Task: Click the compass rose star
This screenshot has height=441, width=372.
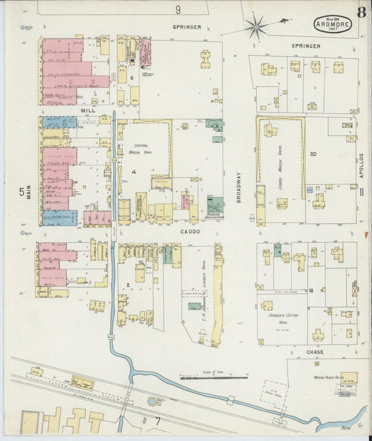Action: [x=256, y=27]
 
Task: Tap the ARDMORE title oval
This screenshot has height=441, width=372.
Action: [x=332, y=24]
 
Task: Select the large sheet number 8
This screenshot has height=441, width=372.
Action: [x=361, y=12]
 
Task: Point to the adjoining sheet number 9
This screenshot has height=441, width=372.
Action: [x=178, y=9]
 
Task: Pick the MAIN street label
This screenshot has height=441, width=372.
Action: [x=29, y=188]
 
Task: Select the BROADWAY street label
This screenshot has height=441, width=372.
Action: [x=237, y=188]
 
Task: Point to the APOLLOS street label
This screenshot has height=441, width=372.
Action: [x=362, y=167]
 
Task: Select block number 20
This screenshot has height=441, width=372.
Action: [x=313, y=154]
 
